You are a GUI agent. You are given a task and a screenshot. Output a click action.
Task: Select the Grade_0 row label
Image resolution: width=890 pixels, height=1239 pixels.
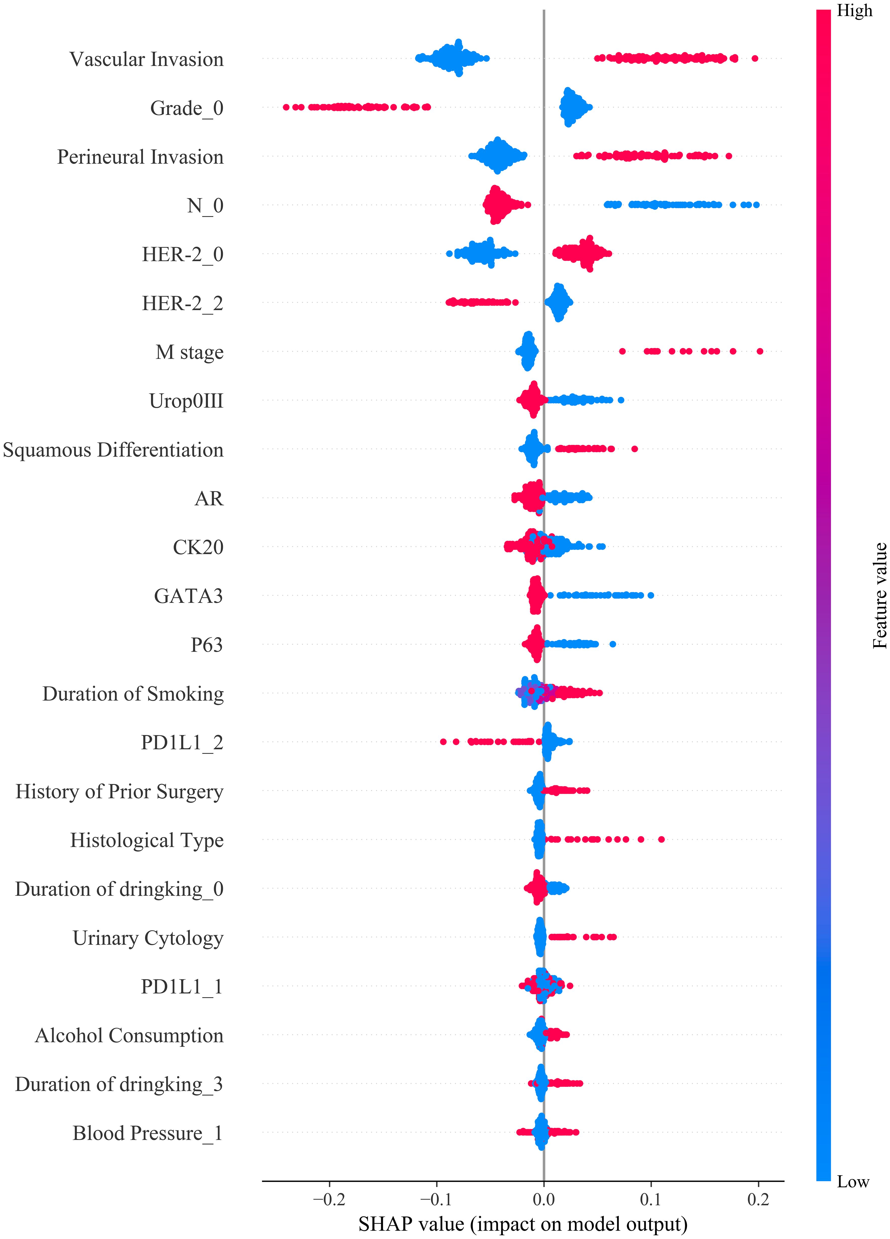[x=187, y=108]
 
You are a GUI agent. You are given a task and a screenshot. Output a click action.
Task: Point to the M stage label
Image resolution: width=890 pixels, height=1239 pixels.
[x=190, y=352]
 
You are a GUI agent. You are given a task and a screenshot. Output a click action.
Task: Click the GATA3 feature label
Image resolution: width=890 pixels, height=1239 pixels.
[x=188, y=596]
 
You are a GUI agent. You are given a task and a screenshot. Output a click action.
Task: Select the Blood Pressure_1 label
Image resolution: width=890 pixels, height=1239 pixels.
[x=148, y=1133]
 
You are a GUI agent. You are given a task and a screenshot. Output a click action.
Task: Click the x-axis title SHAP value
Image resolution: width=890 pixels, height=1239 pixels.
[x=523, y=1224]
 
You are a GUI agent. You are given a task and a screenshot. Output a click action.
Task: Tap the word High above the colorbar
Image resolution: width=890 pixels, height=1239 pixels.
[x=855, y=11]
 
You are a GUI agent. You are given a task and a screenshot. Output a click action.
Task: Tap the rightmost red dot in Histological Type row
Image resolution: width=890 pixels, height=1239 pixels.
[x=662, y=839]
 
